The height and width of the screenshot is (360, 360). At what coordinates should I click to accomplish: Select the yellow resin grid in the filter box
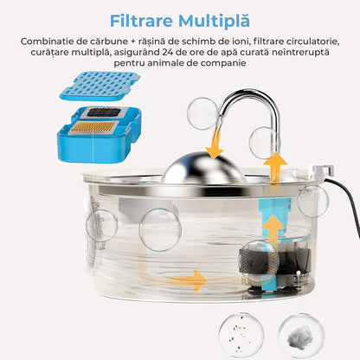pyautogui.click(x=93, y=127)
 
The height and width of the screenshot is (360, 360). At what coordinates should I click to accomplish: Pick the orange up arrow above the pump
pyautogui.click(x=273, y=230)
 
